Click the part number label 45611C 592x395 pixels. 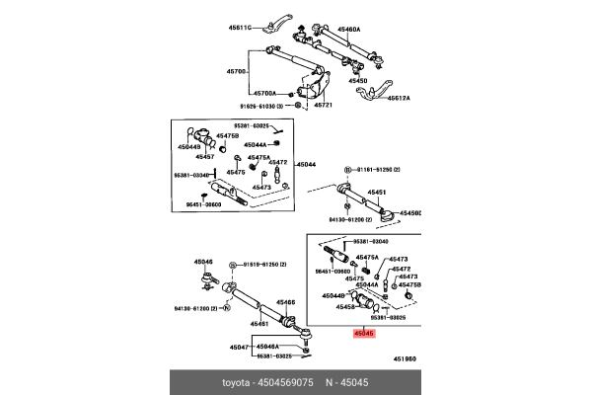point(239,26)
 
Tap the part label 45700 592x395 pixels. point(236,72)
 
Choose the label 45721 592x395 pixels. point(324,104)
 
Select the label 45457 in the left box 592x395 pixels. point(204,156)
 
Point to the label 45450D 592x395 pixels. point(407,212)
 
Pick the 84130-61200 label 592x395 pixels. point(348,219)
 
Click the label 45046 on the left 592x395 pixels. point(203,262)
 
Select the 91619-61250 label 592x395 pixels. point(260,265)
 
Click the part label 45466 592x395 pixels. point(285,303)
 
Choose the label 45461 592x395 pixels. point(259,324)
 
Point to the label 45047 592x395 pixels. point(239,347)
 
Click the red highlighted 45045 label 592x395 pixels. point(364,334)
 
